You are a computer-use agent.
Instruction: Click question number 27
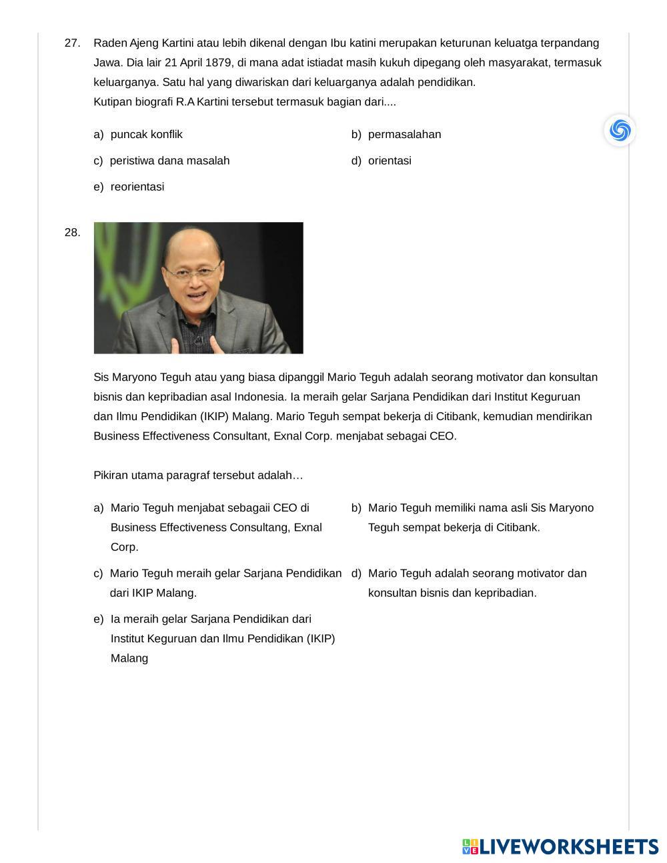pyautogui.click(x=72, y=43)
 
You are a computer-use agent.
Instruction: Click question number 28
pyautogui.click(x=72, y=233)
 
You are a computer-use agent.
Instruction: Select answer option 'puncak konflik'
pyautogui.click(x=146, y=135)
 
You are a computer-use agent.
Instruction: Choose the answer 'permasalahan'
pyautogui.click(x=404, y=135)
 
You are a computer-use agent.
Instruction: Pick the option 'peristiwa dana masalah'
pyautogui.click(x=169, y=161)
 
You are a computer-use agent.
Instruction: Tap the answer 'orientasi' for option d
pyautogui.click(x=390, y=161)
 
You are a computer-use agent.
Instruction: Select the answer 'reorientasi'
pyautogui.click(x=137, y=187)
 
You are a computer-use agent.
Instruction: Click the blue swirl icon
pyautogui.click(x=620, y=129)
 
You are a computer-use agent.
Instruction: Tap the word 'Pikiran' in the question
pyautogui.click(x=111, y=476)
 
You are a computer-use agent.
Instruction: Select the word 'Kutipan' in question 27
pyautogui.click(x=113, y=102)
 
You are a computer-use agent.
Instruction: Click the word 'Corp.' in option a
pyautogui.click(x=124, y=547)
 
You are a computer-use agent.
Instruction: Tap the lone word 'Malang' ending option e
pyautogui.click(x=129, y=658)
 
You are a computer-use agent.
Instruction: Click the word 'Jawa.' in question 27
pyautogui.click(x=107, y=63)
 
